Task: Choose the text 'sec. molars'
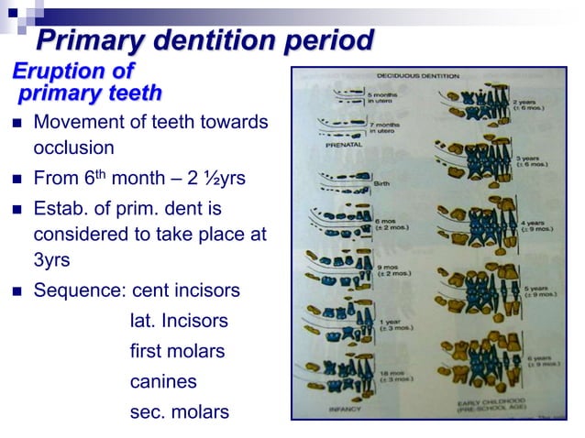tap(179, 412)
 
